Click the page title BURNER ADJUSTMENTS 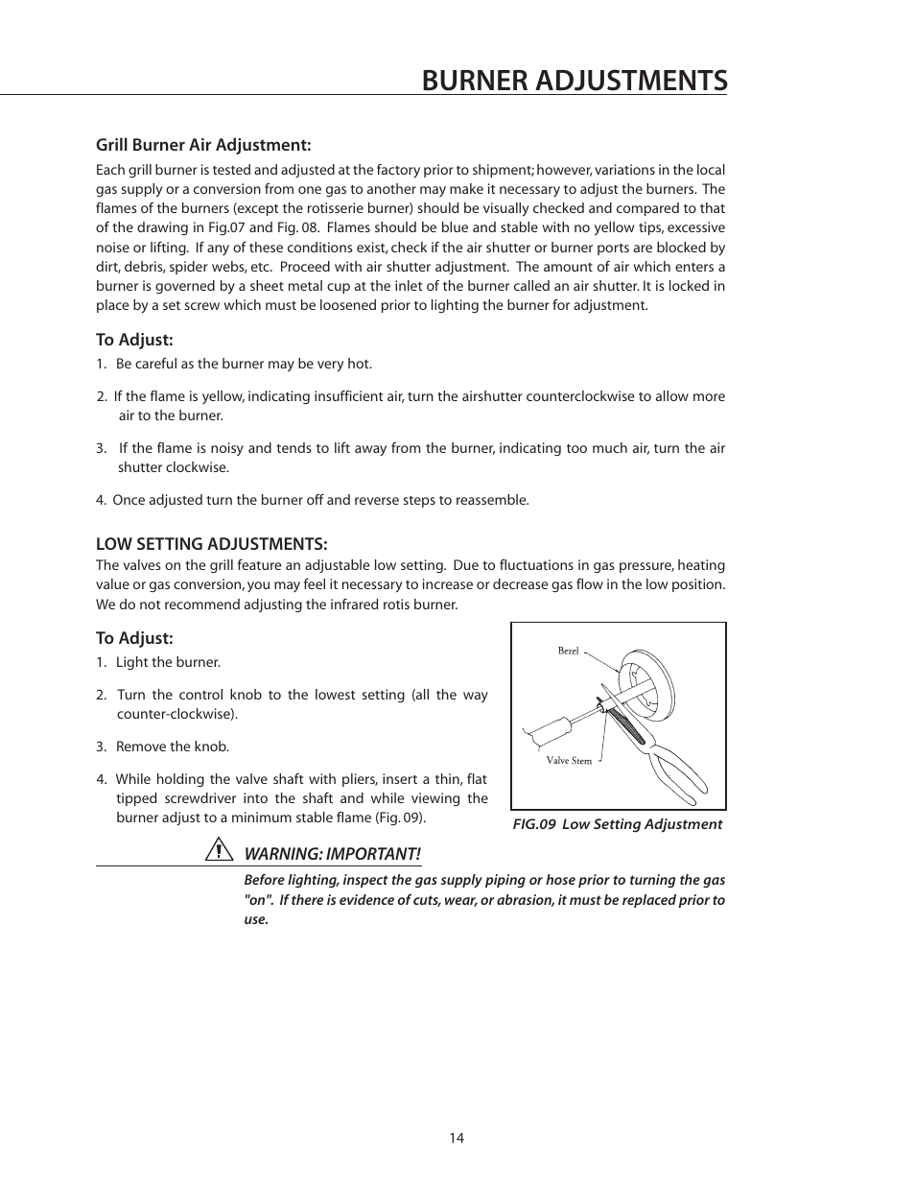click(574, 81)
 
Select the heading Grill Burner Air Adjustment click(203, 145)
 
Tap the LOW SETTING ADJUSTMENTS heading click(211, 543)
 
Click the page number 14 click(457, 1138)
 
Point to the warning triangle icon click(220, 850)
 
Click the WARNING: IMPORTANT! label click(332, 854)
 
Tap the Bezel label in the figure click(568, 652)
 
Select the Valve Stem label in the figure click(569, 761)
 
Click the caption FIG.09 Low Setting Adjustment click(617, 824)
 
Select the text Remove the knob click(172, 747)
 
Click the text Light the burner click(168, 662)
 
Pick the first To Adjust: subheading click(133, 340)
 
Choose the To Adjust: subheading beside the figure click(133, 638)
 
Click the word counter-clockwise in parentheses click(176, 714)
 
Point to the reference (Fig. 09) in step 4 click(400, 818)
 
